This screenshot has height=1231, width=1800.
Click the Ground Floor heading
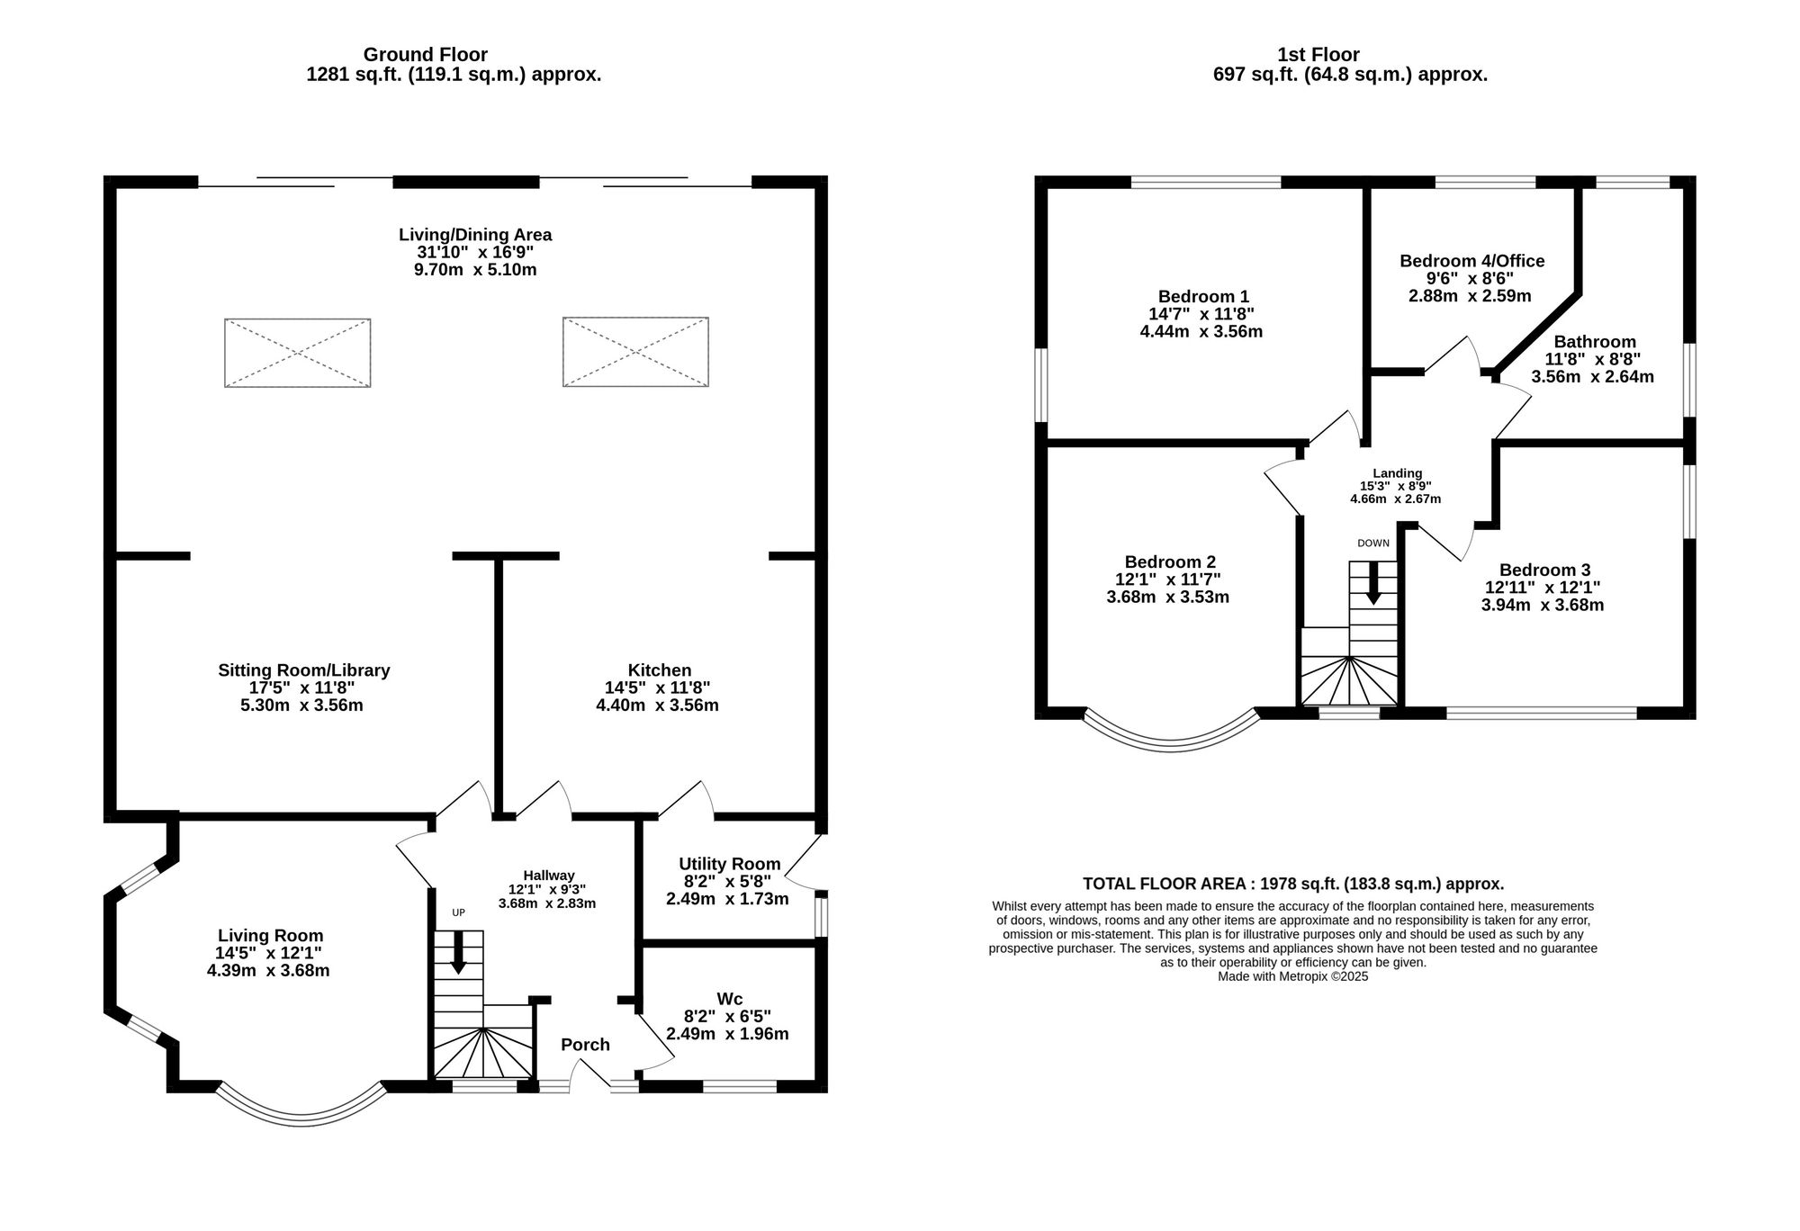pyautogui.click(x=425, y=55)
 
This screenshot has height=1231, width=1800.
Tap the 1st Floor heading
pyautogui.click(x=1318, y=55)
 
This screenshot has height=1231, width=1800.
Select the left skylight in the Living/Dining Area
pyautogui.click(x=297, y=353)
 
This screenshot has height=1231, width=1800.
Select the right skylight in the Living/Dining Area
pyautogui.click(x=635, y=352)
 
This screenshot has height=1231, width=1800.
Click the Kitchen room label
pyautogui.click(x=659, y=670)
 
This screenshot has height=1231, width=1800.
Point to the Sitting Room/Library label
pyautogui.click(x=303, y=670)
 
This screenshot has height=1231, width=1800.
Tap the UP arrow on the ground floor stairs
pyautogui.click(x=458, y=952)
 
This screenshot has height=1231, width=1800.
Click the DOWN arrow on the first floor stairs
pyautogui.click(x=1373, y=583)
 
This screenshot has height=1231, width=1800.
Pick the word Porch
pyautogui.click(x=585, y=1045)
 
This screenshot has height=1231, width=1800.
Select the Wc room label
pyautogui.click(x=729, y=999)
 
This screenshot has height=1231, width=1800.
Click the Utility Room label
pyautogui.click(x=729, y=864)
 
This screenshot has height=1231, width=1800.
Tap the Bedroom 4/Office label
pyautogui.click(x=1471, y=261)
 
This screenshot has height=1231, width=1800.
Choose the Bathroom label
pyautogui.click(x=1595, y=342)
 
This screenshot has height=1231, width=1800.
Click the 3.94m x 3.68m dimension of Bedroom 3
pyautogui.click(x=1543, y=605)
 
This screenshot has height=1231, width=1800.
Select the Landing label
pyautogui.click(x=1397, y=473)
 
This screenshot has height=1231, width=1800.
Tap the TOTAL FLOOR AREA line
pyautogui.click(x=1293, y=884)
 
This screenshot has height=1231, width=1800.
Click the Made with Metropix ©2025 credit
pyautogui.click(x=1292, y=976)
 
